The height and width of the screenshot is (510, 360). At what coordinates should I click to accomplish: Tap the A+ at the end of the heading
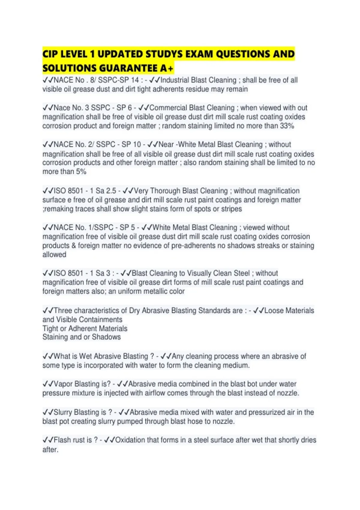[167, 69]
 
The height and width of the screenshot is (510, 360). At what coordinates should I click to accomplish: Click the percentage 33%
[287, 126]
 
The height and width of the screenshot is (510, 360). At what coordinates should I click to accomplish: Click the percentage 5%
[81, 172]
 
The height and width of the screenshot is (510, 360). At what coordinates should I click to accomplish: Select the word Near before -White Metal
[166, 145]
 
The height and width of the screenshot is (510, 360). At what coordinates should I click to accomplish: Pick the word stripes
[231, 209]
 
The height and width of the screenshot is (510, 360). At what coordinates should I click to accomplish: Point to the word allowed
[54, 255]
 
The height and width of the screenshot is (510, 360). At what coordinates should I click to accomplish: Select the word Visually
[203, 273]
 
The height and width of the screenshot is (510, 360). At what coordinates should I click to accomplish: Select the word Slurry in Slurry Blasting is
[63, 412]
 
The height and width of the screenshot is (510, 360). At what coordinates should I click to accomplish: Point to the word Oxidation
[130, 440]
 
